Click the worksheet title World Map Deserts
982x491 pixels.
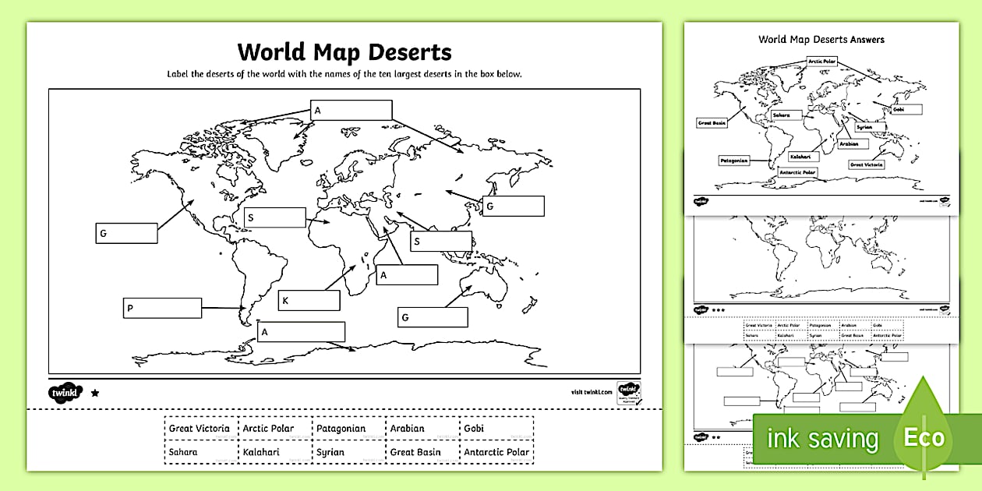[x=344, y=52]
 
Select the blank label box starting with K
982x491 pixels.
[x=309, y=300]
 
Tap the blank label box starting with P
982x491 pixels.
[x=162, y=308]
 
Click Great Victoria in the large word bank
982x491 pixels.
[x=200, y=429]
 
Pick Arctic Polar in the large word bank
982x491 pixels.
[x=268, y=429]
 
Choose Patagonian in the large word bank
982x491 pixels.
[x=341, y=429]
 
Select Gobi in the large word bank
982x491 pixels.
[x=474, y=429]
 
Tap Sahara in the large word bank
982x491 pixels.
[x=183, y=452]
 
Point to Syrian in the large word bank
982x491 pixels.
[x=330, y=452]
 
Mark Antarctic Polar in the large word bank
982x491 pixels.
[x=496, y=452]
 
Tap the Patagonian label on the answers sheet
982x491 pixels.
[x=733, y=161]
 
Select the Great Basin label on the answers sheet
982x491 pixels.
[x=712, y=123]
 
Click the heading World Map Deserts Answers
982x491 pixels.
[x=821, y=40]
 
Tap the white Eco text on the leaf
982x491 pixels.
[x=924, y=437]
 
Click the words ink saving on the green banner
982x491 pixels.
[x=822, y=439]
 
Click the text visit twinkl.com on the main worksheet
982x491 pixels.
[x=588, y=392]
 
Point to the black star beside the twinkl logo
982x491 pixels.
[x=95, y=393]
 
